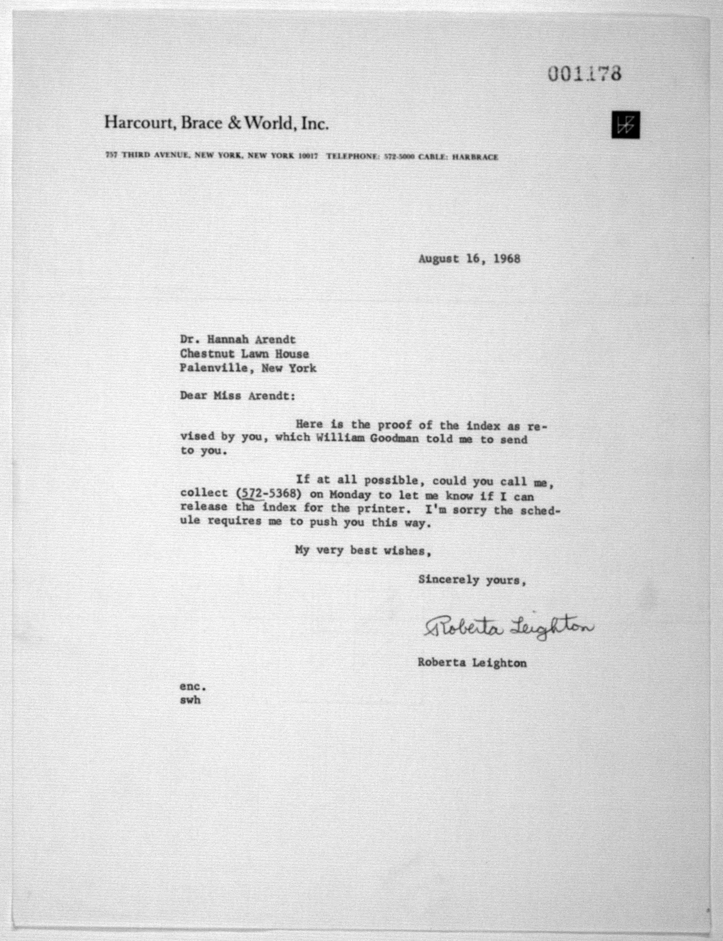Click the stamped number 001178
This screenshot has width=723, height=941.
584,74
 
